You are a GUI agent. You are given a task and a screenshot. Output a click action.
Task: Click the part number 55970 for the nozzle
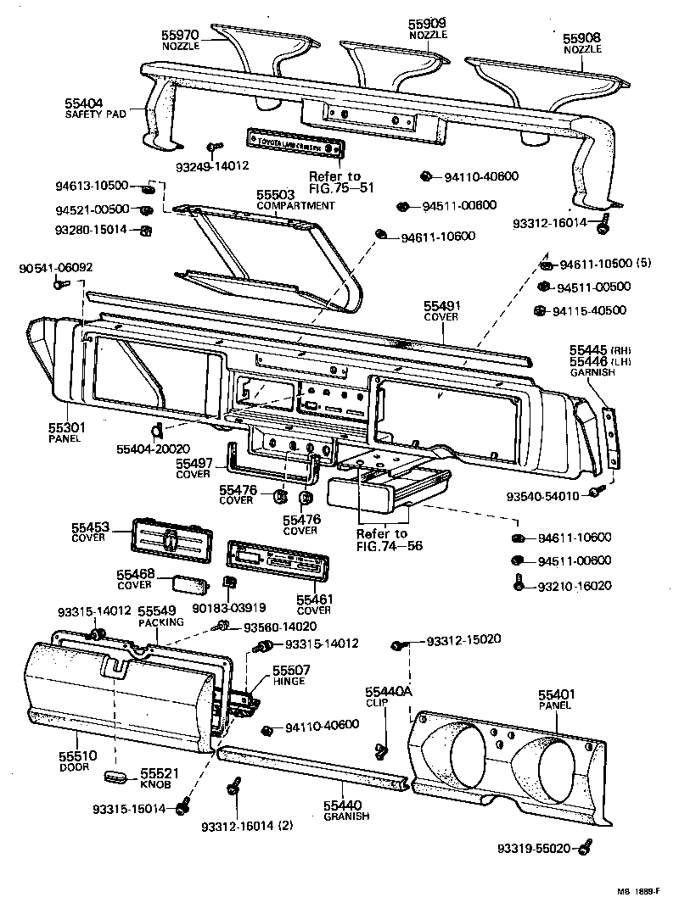pos(180,35)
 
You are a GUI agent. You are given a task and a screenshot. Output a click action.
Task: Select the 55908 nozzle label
pos(581,38)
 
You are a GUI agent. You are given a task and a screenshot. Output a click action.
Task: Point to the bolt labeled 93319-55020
pos(586,846)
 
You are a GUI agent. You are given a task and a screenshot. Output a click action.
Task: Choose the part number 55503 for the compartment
pos(275,195)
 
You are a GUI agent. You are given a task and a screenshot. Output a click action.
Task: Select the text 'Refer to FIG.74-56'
pos(383,539)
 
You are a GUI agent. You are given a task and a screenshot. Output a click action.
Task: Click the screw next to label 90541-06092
pos(59,285)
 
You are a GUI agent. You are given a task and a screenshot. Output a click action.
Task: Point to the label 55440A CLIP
pos(387,697)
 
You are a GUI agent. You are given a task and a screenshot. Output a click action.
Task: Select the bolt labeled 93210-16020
pos(518,584)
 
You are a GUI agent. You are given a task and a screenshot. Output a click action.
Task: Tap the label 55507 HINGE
pos(290,675)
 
